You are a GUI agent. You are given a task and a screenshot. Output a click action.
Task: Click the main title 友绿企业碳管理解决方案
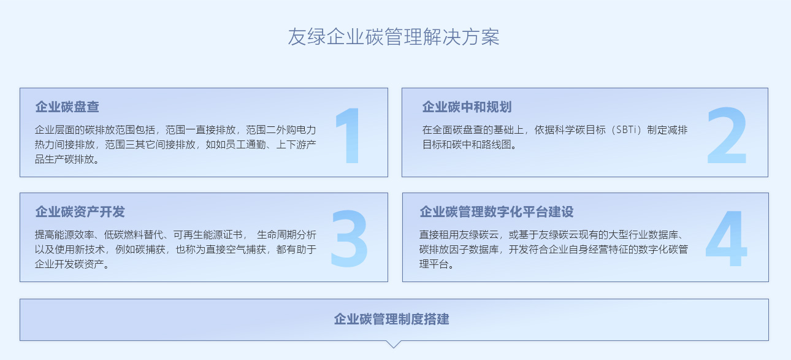click(394, 37)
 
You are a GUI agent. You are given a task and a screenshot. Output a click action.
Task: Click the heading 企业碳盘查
click(67, 107)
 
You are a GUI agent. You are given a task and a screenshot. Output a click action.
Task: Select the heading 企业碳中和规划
click(467, 107)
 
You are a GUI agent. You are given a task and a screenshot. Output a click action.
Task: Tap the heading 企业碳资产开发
click(80, 212)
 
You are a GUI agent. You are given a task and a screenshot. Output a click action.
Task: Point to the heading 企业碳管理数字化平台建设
click(497, 212)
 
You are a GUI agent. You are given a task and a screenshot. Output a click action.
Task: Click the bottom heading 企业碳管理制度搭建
click(392, 319)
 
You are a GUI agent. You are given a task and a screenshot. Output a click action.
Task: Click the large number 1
click(348, 136)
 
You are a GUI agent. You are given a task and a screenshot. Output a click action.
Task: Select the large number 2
click(727, 136)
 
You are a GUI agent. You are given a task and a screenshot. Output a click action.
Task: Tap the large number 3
click(350, 238)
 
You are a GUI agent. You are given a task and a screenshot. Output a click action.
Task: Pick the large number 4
click(726, 238)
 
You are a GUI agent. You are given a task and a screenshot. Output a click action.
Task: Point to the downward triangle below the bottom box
click(394, 345)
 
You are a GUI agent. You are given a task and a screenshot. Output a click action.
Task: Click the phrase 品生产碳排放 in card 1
click(64, 159)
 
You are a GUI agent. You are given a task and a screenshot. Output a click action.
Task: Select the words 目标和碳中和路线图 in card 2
click(467, 145)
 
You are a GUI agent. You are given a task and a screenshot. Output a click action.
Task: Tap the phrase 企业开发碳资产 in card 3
click(69, 264)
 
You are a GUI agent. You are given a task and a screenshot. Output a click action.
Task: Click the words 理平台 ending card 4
click(434, 264)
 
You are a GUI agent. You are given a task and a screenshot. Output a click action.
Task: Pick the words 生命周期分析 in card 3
click(286, 235)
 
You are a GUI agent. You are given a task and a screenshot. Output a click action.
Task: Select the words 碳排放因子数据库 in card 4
click(459, 250)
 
